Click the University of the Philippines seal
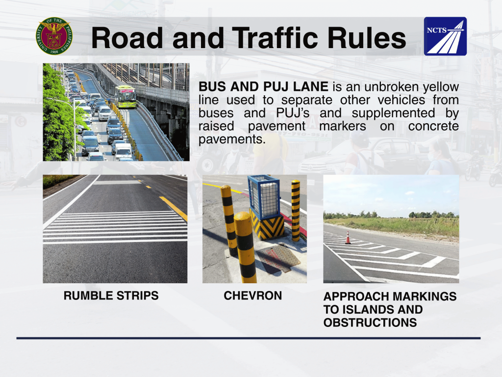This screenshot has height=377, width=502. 54,36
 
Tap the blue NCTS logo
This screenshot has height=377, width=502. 445,36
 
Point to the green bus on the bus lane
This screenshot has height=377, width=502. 125,96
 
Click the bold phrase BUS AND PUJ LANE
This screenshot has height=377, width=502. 263,86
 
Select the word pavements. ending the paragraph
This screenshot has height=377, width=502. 232,139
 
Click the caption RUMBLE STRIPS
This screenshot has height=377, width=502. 111,296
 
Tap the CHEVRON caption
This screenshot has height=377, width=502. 253,296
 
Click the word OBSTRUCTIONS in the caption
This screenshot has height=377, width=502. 370,323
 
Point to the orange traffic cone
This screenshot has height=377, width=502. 348,238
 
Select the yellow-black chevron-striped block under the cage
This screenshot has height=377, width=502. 267,226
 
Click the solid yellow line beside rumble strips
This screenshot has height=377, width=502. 173,208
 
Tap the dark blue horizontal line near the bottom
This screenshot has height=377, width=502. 249,338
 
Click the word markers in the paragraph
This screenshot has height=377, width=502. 343,126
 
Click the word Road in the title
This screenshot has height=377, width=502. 127,38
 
